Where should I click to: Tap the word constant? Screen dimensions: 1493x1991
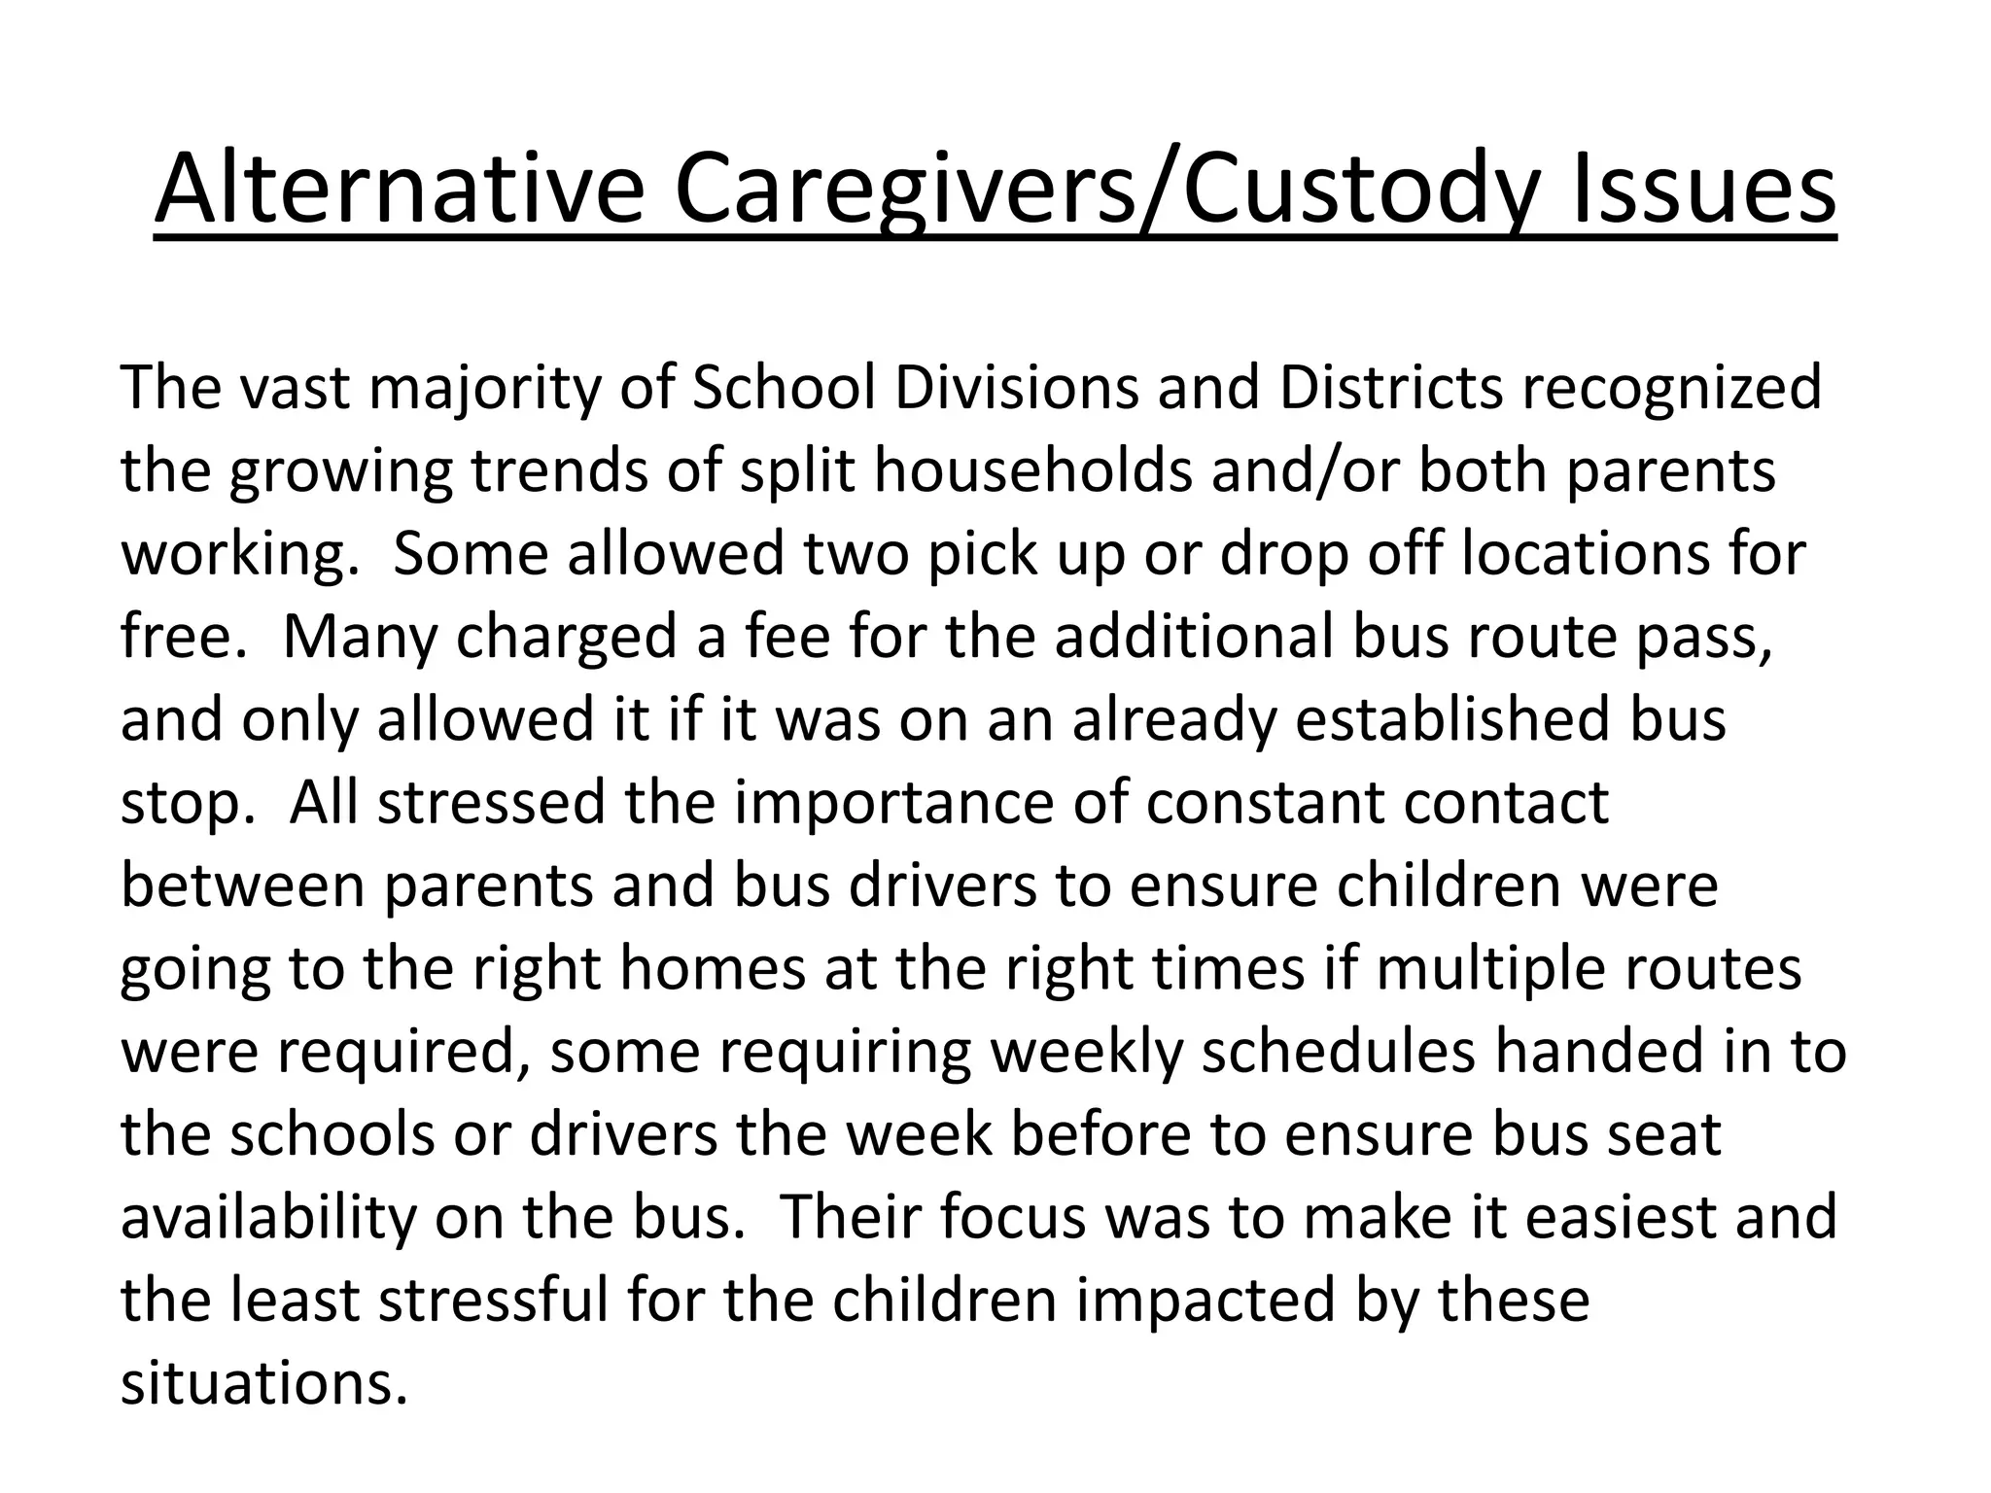coord(1264,804)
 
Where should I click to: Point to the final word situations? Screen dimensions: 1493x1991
coord(263,1383)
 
